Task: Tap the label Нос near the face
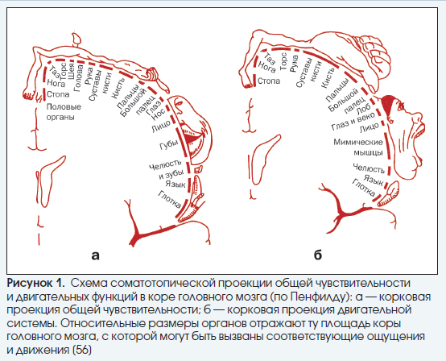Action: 159,114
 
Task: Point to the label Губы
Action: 169,144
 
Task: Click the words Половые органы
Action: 64,111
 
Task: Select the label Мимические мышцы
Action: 358,147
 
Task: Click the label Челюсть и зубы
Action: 167,169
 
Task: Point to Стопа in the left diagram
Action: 58,94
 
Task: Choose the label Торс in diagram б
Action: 284,61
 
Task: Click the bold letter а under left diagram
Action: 96,255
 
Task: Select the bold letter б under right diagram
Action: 318,255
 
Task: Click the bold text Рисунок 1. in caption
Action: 35,284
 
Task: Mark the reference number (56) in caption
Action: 82,350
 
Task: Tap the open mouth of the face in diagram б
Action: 419,133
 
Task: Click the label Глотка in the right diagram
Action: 364,188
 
